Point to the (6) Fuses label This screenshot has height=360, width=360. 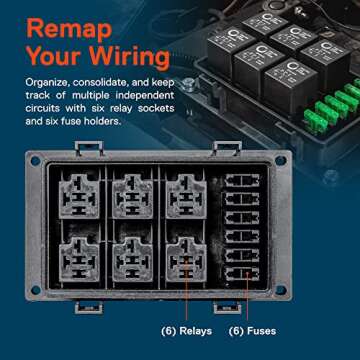pyautogui.click(x=253, y=331)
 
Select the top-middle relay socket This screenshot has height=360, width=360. pyautogui.click(x=137, y=195)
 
